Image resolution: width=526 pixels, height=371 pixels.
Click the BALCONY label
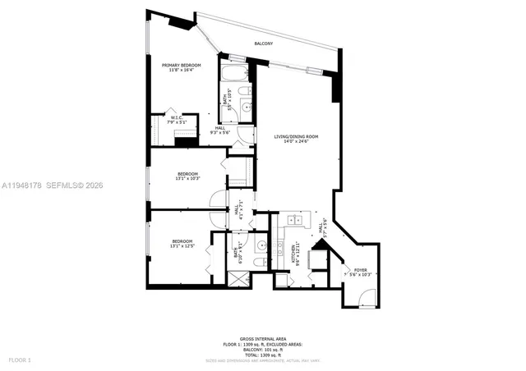click(x=262, y=43)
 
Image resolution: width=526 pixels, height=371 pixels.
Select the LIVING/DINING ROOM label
click(x=296, y=136)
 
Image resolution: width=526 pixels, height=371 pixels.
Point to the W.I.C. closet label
click(x=177, y=118)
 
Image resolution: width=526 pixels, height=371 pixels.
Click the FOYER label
click(x=360, y=269)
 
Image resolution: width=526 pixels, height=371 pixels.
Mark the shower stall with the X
click(x=238, y=278)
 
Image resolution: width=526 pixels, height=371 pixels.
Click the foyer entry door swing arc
click(x=367, y=295)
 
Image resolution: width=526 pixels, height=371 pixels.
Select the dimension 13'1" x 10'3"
click(x=188, y=179)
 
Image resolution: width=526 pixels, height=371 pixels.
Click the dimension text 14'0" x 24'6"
click(x=296, y=141)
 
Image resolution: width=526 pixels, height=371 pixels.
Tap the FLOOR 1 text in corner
click(x=19, y=360)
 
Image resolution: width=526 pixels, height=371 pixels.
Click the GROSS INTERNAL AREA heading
click(x=262, y=338)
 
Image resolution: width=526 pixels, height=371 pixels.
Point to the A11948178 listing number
click(x=24, y=185)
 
